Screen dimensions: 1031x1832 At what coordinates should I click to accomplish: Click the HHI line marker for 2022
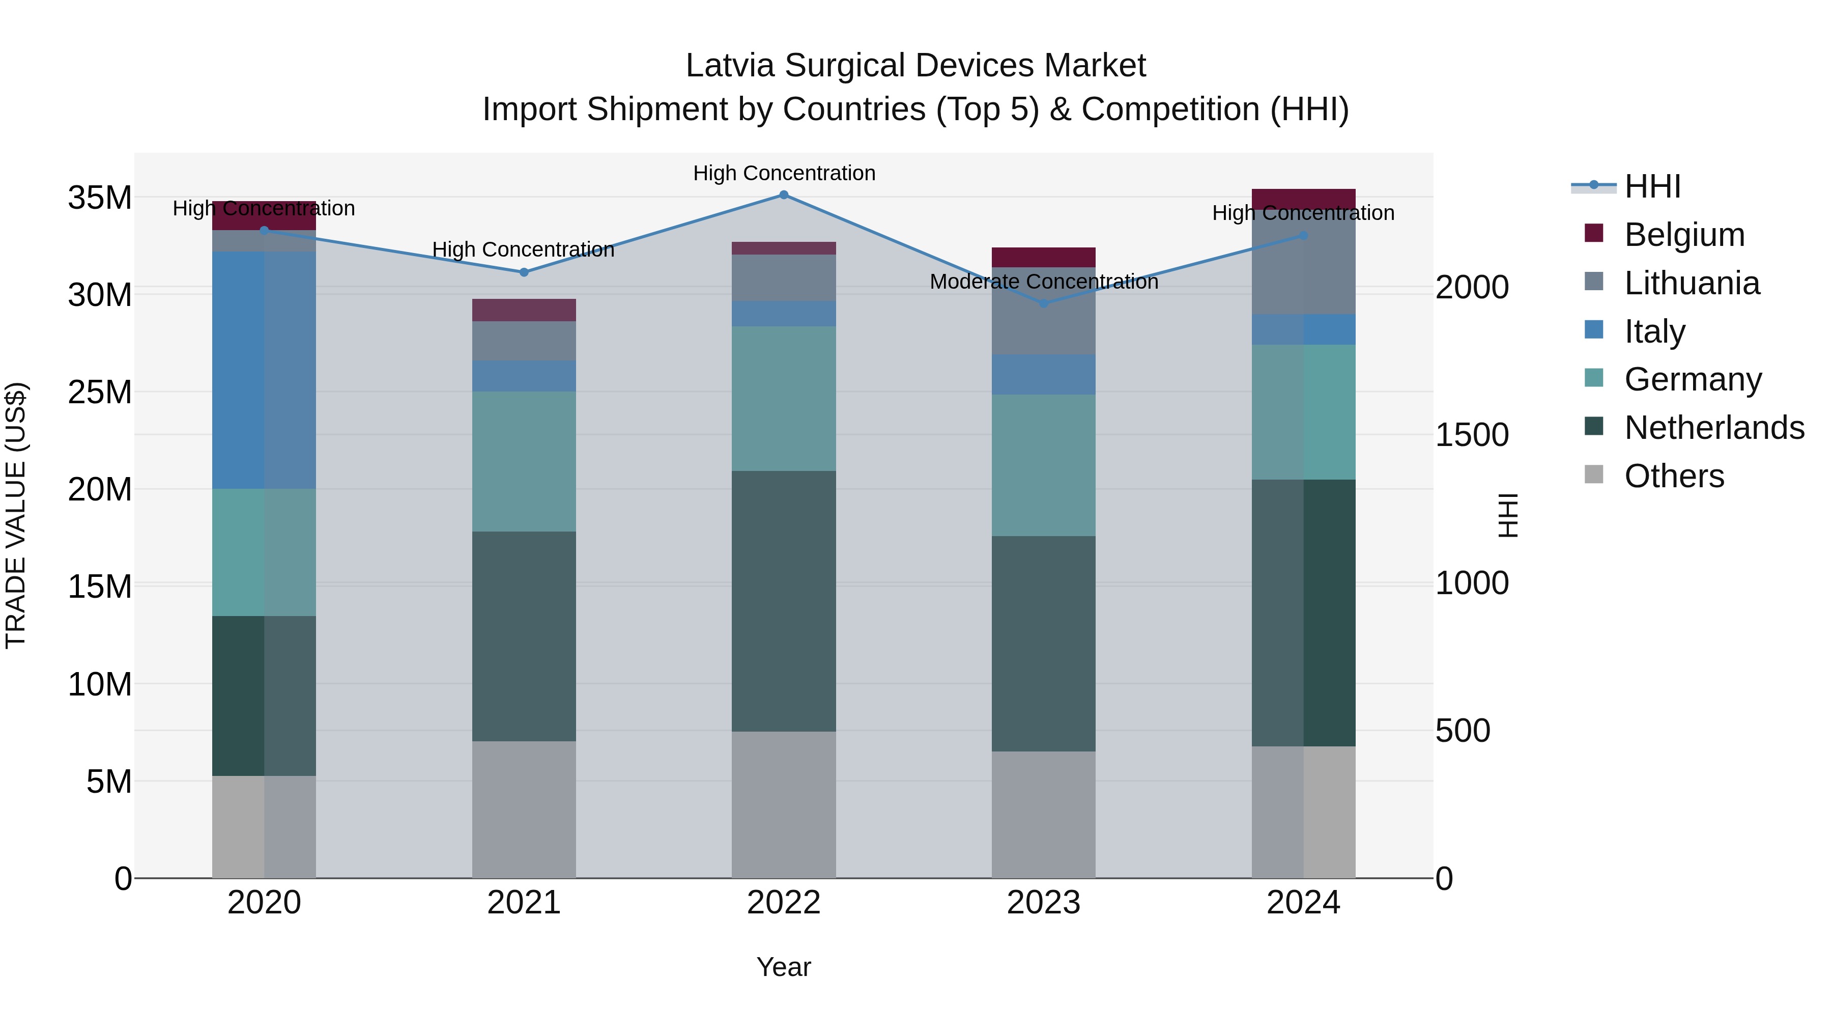pyautogui.click(x=784, y=195)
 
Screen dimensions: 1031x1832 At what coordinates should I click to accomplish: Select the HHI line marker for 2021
pyautogui.click(x=524, y=272)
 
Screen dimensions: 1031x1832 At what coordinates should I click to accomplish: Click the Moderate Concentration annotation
pyautogui.click(x=1043, y=282)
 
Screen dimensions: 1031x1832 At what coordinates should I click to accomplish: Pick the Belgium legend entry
pyautogui.click(x=1684, y=235)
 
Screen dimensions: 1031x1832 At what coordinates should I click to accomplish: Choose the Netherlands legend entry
pyautogui.click(x=1714, y=428)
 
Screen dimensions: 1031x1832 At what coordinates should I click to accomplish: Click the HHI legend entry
pyautogui.click(x=1652, y=186)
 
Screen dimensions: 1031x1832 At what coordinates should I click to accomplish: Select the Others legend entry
pyautogui.click(x=1674, y=476)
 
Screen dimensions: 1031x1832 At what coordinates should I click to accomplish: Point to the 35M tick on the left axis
pyautogui.click(x=100, y=198)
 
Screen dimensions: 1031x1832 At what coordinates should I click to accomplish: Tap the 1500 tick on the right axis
pyautogui.click(x=1471, y=435)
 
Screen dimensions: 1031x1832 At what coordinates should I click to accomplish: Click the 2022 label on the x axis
pyautogui.click(x=784, y=903)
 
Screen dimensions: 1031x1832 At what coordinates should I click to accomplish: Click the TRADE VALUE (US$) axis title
pyautogui.click(x=16, y=515)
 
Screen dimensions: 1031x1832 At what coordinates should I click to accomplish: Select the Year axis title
pyautogui.click(x=784, y=967)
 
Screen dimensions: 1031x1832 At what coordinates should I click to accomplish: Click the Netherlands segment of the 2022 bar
pyautogui.click(x=784, y=601)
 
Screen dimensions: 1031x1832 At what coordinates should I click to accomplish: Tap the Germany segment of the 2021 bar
pyautogui.click(x=524, y=461)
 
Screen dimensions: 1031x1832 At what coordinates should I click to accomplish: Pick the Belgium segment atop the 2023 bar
pyautogui.click(x=1043, y=257)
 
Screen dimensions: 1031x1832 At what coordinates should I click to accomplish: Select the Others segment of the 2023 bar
pyautogui.click(x=1043, y=815)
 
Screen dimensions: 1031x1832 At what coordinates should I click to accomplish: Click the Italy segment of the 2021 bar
pyautogui.click(x=524, y=376)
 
